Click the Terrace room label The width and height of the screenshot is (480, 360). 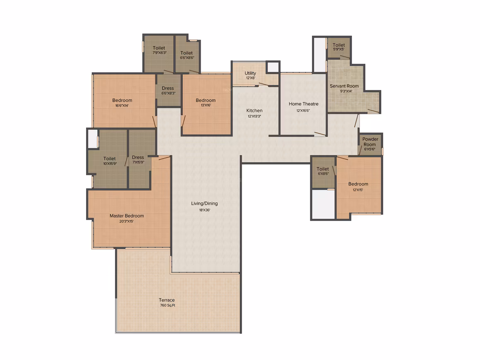click(166, 300)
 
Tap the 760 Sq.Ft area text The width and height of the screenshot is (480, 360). click(168, 305)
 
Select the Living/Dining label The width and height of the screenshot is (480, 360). click(204, 204)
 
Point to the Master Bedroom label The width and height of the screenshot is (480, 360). click(127, 216)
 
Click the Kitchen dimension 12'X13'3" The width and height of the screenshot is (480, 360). click(254, 116)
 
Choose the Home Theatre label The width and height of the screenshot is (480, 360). click(303, 104)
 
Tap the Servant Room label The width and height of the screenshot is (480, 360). click(344, 86)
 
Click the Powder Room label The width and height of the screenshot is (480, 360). click(370, 142)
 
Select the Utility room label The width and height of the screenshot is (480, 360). click(250, 73)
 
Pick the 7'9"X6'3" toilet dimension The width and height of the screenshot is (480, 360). click(159, 53)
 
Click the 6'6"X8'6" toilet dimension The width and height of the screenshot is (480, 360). click(187, 58)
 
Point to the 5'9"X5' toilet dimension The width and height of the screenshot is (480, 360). click(338, 49)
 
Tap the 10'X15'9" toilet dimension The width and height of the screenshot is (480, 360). click(110, 164)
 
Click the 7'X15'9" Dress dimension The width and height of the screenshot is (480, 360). click(138, 162)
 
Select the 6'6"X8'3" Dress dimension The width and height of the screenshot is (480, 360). click(168, 93)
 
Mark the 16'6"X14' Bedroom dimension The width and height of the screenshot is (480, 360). click(122, 106)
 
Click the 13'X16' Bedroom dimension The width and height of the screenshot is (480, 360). click(206, 105)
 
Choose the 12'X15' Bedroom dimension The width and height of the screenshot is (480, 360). click(358, 190)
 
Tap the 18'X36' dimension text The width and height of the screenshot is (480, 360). click(204, 210)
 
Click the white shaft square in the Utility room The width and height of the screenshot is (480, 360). click(273, 67)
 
